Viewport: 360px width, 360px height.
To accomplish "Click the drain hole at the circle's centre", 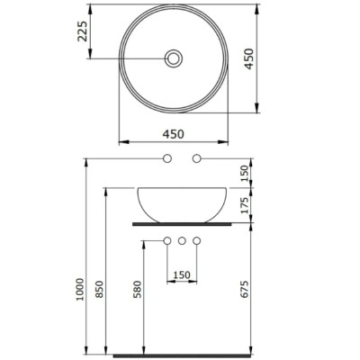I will click(173, 59).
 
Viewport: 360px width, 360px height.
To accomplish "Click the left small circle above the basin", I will click(167, 159).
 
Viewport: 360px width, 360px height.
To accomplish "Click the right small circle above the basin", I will click(197, 159).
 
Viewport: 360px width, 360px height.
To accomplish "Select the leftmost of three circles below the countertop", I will click(167, 241).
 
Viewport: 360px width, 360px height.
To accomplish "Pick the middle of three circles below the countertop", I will click(183, 241).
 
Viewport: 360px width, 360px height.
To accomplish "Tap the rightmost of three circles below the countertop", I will click(197, 241).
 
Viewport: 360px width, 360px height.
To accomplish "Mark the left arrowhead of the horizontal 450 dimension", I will click(123, 143).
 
